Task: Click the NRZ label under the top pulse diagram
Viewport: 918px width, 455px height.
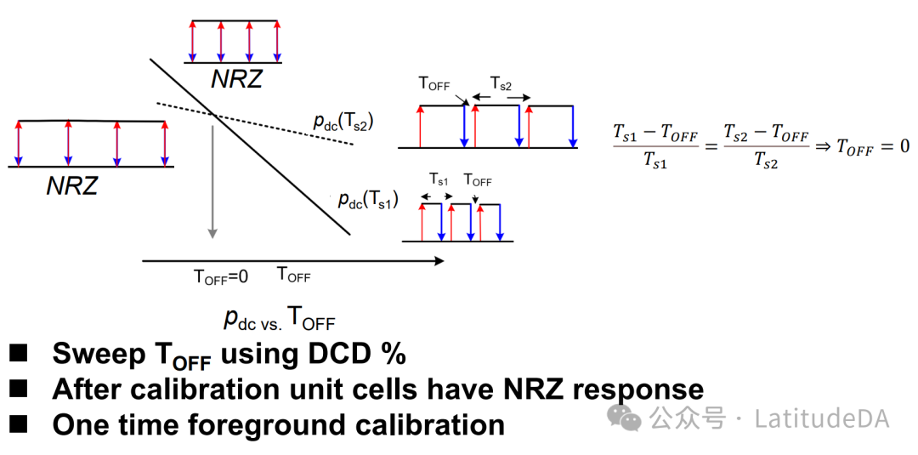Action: [237, 79]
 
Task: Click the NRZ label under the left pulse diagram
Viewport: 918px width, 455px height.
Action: [72, 185]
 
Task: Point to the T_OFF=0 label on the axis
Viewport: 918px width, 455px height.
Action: [221, 276]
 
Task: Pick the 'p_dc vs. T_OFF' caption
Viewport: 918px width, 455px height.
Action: [279, 318]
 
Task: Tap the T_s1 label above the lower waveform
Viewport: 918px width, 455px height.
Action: [439, 179]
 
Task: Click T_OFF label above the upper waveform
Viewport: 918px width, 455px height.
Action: [434, 84]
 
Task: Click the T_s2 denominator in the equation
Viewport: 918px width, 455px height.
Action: [765, 162]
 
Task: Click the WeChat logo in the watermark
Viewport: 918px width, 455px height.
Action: [629, 418]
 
